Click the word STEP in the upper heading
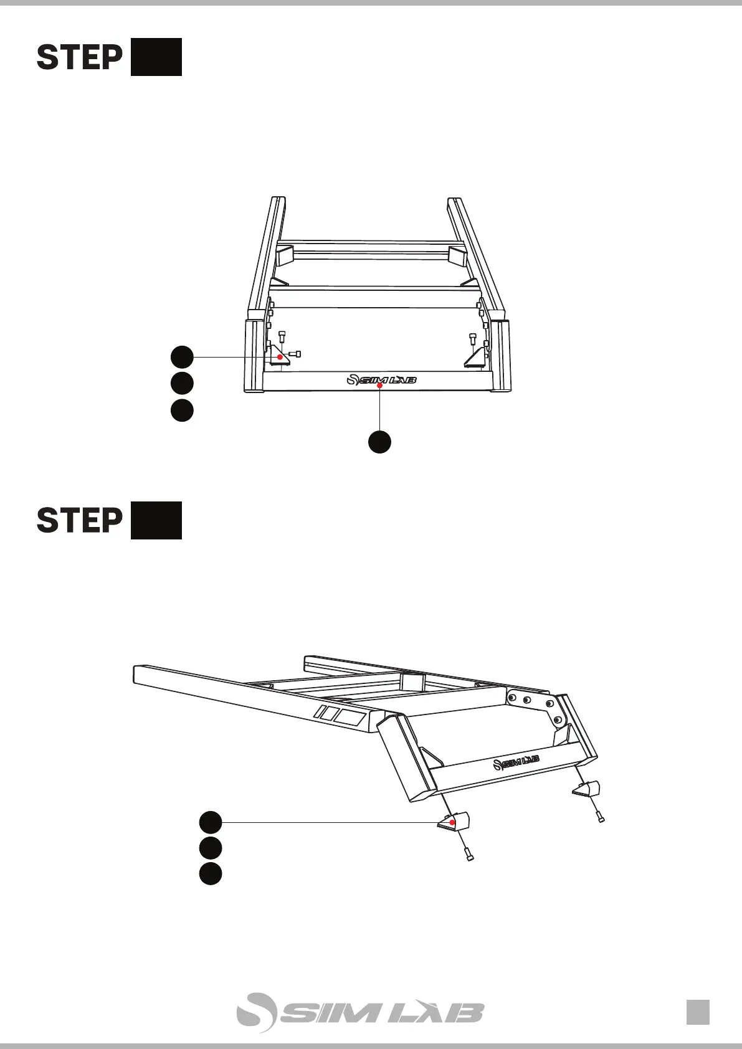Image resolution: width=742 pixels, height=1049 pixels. point(79,57)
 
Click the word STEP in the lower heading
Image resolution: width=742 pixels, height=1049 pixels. point(79,521)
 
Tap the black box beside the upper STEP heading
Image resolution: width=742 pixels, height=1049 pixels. point(156,57)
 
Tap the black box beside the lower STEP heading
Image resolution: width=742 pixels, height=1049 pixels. point(156,520)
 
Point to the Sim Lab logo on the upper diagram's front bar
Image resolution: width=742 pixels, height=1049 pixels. point(381,379)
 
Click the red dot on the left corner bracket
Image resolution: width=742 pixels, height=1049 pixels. point(280,357)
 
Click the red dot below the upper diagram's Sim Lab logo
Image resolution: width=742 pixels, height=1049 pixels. point(379,387)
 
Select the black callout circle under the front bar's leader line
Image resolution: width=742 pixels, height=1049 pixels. point(379,441)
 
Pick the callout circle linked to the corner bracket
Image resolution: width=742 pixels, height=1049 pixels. point(182,357)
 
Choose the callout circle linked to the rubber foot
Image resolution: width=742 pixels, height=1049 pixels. point(211,822)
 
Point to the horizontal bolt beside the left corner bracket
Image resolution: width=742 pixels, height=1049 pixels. point(295,354)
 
